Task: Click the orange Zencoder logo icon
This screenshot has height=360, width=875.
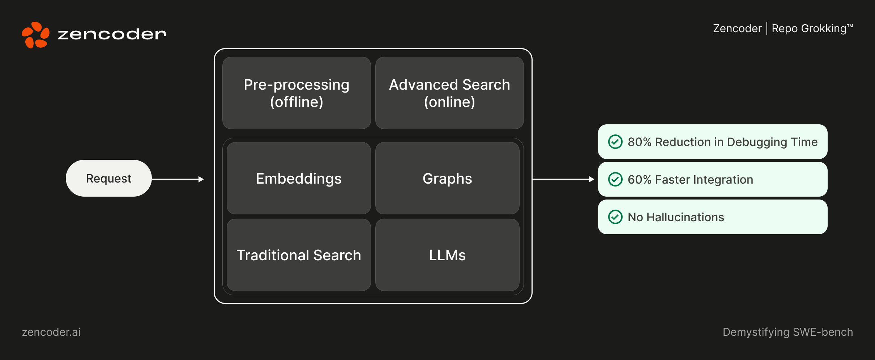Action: point(35,35)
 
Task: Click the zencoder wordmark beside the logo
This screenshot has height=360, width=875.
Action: point(112,34)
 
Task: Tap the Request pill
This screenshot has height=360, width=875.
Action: point(108,178)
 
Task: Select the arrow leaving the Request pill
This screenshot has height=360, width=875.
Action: point(177,179)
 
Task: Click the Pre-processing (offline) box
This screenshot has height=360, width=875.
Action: point(296,93)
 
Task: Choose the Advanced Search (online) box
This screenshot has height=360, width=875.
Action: point(449,93)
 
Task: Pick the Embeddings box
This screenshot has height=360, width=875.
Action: point(299,178)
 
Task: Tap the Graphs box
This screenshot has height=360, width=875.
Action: point(447,178)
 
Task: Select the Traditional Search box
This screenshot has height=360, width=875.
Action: point(299,255)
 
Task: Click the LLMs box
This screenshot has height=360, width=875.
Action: point(447,255)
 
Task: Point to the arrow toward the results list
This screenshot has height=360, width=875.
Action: point(563,179)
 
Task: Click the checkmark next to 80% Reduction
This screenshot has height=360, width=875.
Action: point(615,142)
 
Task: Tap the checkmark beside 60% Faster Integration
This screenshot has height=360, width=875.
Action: point(615,179)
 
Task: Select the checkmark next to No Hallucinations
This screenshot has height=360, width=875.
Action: point(615,217)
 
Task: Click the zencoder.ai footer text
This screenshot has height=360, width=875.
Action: point(51,332)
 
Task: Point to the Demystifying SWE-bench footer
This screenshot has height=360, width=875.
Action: point(787,332)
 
